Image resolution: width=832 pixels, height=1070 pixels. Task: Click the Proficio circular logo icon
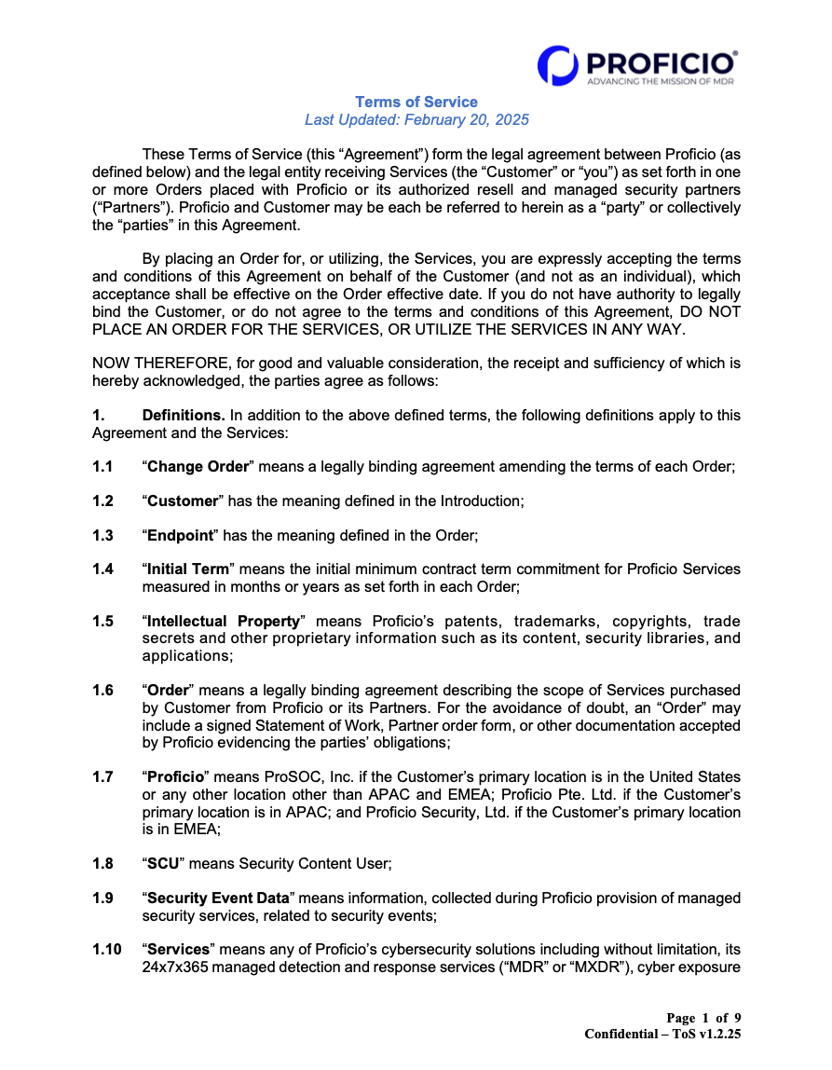(x=556, y=65)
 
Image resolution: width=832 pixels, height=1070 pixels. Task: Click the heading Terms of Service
(x=416, y=102)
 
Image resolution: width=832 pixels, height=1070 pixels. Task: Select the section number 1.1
(x=102, y=466)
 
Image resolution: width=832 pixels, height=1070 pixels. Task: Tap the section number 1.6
(x=102, y=690)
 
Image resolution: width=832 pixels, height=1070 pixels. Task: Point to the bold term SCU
(x=164, y=864)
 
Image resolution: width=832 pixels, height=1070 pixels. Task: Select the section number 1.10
(x=106, y=950)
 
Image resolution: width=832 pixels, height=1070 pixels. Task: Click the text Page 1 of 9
(x=703, y=1017)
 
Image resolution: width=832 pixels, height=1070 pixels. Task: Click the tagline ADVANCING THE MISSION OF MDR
(x=661, y=82)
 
